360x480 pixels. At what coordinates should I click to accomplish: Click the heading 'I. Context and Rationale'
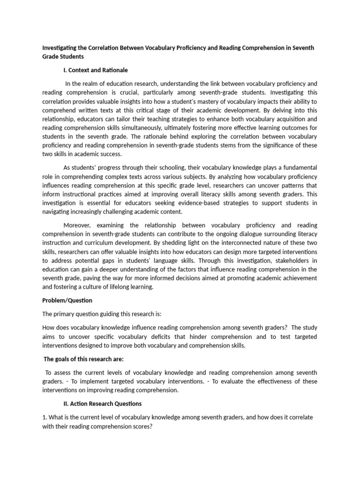pyautogui.click(x=95, y=70)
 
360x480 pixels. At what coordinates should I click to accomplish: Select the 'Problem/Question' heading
pyautogui.click(x=67, y=300)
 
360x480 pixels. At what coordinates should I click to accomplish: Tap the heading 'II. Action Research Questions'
pyautogui.click(x=102, y=403)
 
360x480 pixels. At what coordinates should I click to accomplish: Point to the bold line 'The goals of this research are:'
pyautogui.click(x=83, y=359)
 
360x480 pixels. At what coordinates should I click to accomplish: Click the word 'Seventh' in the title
pyautogui.click(x=303, y=48)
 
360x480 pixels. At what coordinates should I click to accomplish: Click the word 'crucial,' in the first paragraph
pyautogui.click(x=142, y=92)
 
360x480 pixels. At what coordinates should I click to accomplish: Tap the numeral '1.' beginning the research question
pyautogui.click(x=45, y=417)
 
